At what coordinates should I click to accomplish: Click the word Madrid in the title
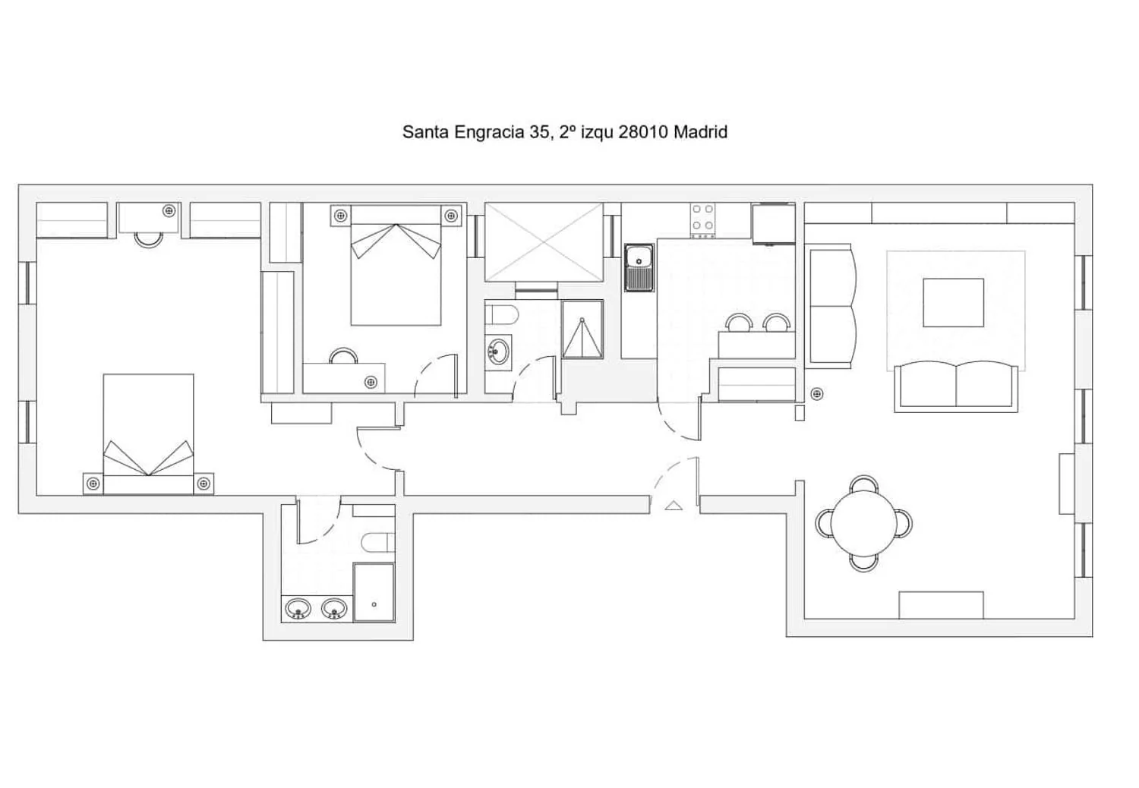pos(700,132)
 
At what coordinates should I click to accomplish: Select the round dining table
pos(864,524)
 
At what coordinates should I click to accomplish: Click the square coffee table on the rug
pos(954,302)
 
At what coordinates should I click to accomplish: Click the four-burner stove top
pos(702,220)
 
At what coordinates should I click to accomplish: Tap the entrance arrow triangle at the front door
pos(674,506)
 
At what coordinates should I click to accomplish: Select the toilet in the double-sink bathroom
pos(379,543)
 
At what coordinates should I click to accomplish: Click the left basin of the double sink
pos(298,608)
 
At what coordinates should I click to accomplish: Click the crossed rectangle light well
pos(544,242)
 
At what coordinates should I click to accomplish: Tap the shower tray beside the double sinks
pos(374,592)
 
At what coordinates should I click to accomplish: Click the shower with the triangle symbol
pos(582,329)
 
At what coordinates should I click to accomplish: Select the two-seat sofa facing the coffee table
pos(956,386)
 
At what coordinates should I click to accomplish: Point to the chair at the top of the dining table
pos(864,484)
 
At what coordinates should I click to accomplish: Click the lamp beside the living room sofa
pos(816,393)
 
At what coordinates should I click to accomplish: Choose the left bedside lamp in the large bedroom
pos(93,484)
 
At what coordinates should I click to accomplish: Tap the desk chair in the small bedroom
pos(343,355)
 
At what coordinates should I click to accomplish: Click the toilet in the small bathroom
pos(501,315)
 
